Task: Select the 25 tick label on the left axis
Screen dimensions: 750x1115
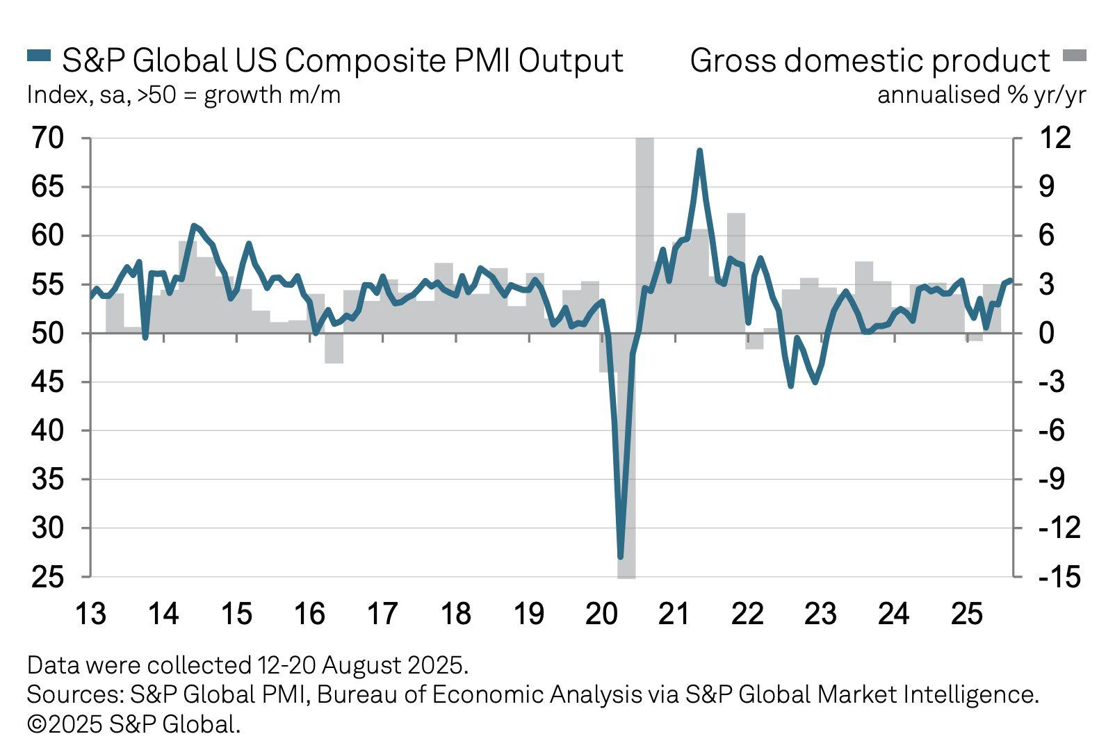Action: coord(47,577)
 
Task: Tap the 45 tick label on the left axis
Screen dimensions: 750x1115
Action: coord(47,382)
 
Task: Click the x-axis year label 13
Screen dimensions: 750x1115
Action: coord(90,614)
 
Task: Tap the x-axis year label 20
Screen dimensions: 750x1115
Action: coord(601,614)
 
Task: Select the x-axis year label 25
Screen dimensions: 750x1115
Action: coord(966,614)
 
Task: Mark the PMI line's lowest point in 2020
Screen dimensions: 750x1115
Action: coord(621,557)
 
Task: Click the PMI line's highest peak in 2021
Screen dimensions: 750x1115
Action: coord(699,150)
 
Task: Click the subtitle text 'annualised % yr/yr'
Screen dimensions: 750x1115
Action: coord(981,95)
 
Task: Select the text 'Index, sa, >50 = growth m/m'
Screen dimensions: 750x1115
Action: coord(184,95)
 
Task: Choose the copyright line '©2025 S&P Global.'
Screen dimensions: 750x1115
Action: coord(133,724)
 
